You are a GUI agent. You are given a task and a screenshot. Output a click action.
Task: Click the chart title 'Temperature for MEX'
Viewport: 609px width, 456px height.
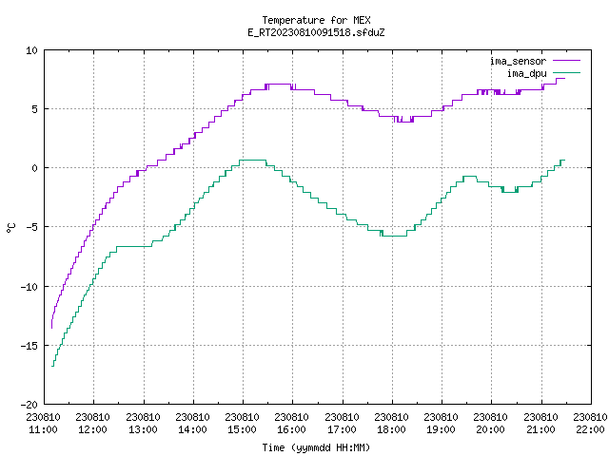tap(316, 20)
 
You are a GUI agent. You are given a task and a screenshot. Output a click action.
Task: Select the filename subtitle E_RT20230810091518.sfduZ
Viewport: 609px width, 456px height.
tap(316, 32)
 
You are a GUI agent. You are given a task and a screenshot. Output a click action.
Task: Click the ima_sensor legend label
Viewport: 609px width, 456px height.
tap(518, 61)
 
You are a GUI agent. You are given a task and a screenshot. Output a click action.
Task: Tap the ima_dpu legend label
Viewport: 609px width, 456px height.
tap(526, 73)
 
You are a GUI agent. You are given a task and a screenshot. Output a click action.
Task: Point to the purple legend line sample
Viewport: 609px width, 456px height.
tap(567, 61)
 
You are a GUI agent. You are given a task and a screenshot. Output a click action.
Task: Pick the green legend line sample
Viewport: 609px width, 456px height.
tap(567, 73)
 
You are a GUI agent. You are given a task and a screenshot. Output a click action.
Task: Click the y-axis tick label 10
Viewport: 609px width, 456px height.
tap(31, 50)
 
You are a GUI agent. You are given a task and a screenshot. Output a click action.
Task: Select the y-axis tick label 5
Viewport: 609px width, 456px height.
tap(35, 109)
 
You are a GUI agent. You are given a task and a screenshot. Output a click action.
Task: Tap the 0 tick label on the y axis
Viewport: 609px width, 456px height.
tap(35, 168)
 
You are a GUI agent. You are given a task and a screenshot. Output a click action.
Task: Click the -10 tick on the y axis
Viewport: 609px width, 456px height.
tap(29, 287)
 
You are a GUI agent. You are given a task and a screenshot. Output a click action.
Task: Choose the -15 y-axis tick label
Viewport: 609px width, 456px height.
tap(29, 346)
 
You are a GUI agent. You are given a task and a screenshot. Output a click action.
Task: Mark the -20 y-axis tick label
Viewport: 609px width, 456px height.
tap(29, 405)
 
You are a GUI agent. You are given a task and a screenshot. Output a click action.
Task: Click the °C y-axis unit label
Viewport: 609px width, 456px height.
tap(11, 228)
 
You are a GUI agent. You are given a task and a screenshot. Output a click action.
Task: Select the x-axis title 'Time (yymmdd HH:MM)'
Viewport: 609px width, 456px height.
tap(316, 447)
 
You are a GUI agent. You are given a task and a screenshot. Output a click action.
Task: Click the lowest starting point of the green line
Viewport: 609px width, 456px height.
tap(52, 366)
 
